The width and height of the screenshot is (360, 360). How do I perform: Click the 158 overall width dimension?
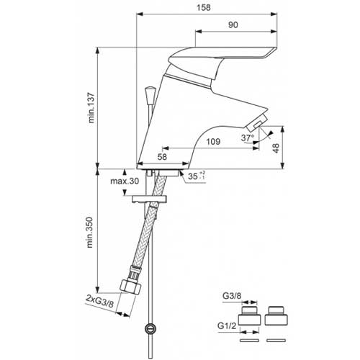(x=204, y=8)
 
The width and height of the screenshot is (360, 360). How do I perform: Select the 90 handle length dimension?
(x=233, y=25)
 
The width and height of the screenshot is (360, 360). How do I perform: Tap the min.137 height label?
(x=91, y=108)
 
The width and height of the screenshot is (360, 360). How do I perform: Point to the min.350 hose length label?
(x=90, y=233)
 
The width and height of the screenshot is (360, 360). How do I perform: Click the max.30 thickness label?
(x=125, y=181)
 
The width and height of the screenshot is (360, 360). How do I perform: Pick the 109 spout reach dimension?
(x=213, y=142)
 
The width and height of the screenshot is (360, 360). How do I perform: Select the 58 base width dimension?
(x=162, y=157)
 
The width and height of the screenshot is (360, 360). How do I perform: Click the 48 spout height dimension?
(x=276, y=148)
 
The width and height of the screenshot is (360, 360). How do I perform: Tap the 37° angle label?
(x=248, y=138)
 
